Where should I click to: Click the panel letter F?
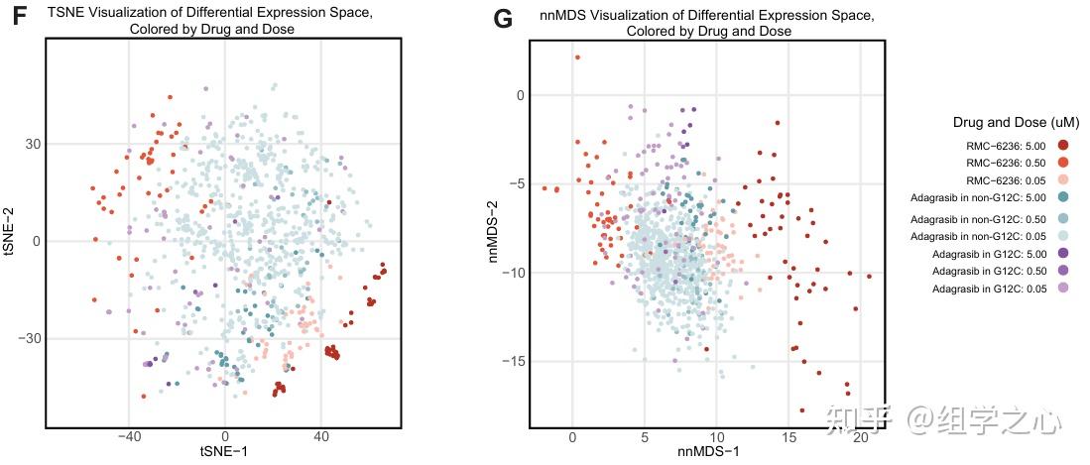[17, 17]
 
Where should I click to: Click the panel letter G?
[503, 18]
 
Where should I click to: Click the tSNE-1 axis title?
[225, 450]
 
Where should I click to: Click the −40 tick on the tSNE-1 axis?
[128, 436]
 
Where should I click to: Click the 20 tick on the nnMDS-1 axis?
[860, 437]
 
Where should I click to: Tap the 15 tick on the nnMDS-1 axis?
[788, 437]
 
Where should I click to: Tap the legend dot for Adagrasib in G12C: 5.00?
[1063, 254]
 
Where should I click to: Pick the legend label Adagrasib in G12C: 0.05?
[988, 289]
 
